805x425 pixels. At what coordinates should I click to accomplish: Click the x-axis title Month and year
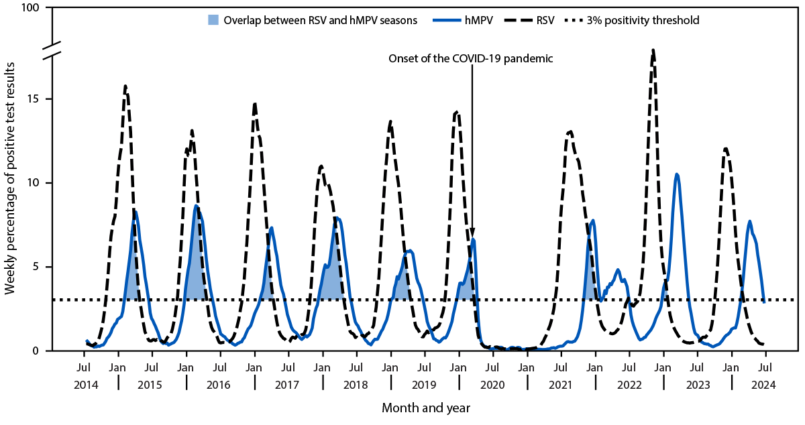coord(425,408)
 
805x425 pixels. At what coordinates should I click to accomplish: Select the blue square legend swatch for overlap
coord(213,21)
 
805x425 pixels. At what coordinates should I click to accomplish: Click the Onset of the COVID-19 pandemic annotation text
coord(471,58)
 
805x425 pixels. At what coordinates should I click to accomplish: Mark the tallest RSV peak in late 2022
coord(653,50)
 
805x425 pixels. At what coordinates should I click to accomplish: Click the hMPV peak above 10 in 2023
coord(677,174)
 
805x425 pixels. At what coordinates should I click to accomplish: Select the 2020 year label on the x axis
coord(492,385)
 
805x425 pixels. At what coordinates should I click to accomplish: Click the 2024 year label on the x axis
coord(765,385)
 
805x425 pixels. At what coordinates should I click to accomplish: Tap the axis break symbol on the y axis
coord(53,50)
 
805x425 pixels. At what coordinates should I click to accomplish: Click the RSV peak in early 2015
coord(125,86)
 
